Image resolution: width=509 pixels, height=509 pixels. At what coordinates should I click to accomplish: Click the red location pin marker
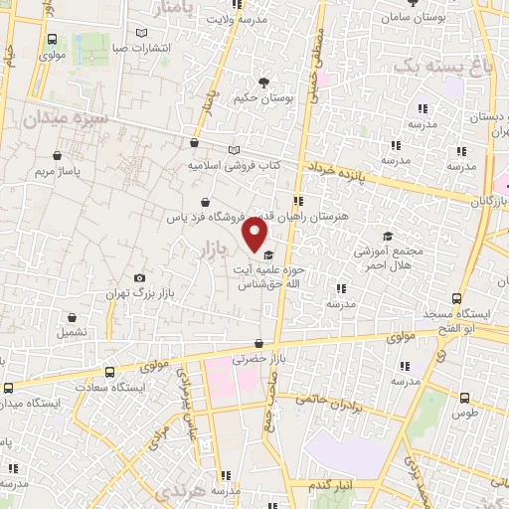tap(255, 236)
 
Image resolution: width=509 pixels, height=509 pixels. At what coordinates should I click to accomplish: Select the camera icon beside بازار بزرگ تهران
tap(139, 278)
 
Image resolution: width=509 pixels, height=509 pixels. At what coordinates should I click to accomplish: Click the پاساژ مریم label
tap(57, 170)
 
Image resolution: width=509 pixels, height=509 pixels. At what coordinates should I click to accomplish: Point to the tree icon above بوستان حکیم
tap(263, 83)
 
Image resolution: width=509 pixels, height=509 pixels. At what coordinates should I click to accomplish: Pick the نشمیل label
tap(73, 330)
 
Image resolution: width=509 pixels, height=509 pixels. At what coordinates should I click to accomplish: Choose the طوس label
tap(465, 412)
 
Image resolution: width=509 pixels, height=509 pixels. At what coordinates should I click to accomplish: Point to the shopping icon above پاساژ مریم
tap(58, 155)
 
